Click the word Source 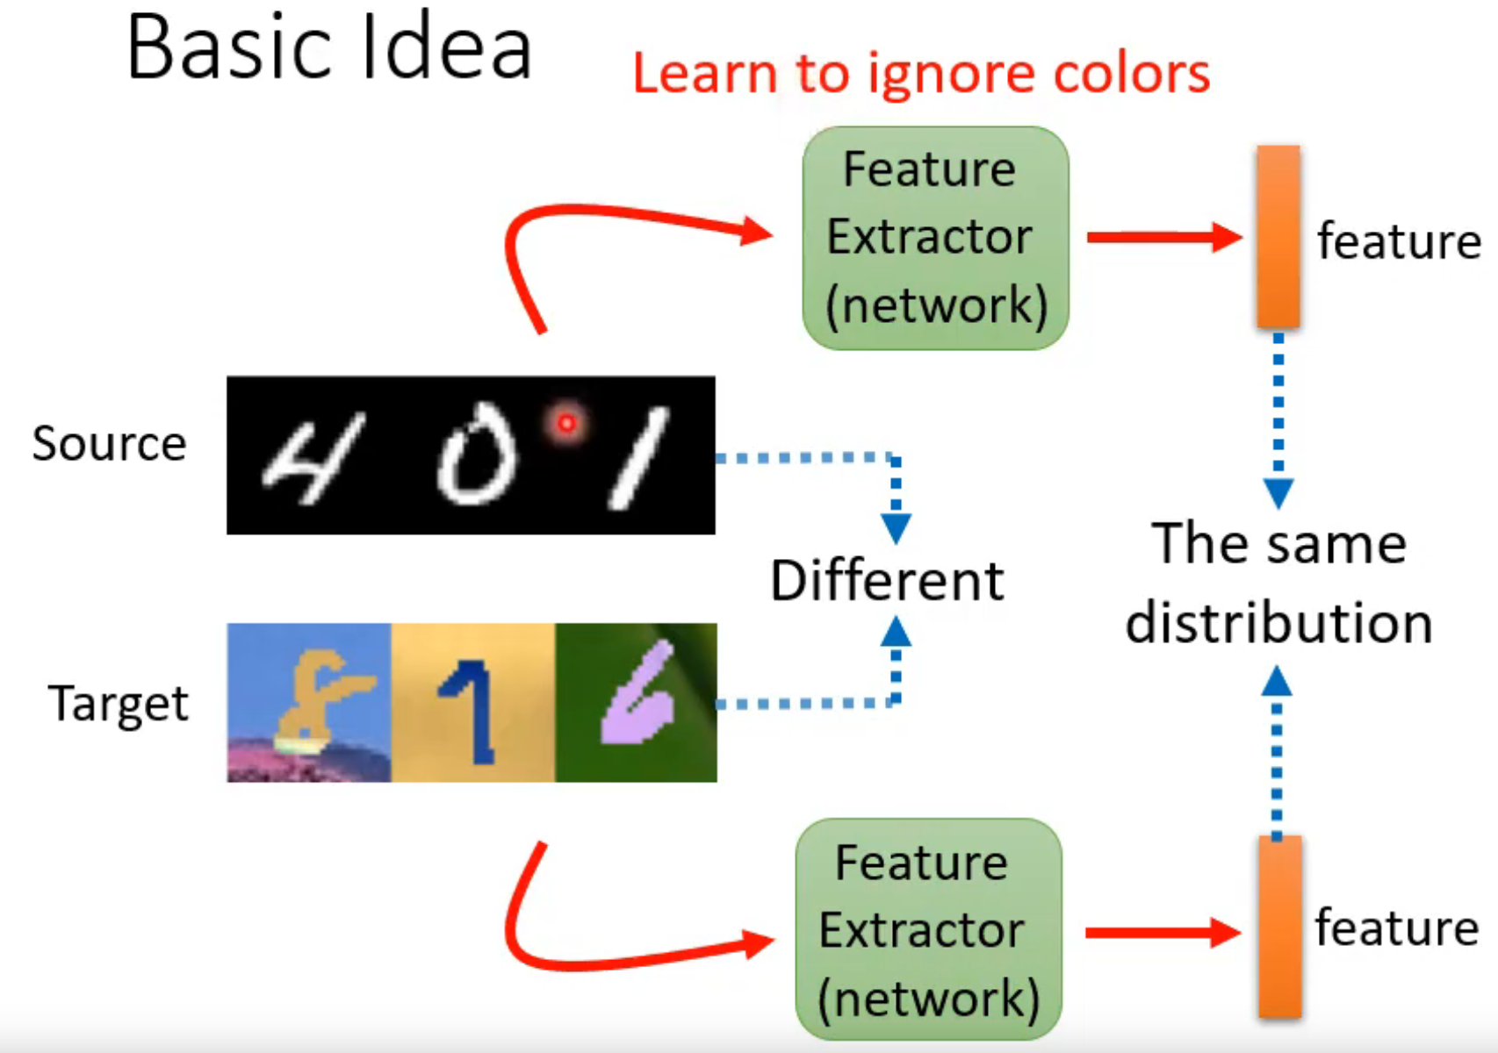[x=109, y=443]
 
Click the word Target [x=119, y=704]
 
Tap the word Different [x=887, y=581]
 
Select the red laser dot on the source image [x=566, y=424]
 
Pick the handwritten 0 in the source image [x=477, y=454]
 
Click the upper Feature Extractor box [x=935, y=238]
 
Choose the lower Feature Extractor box [x=928, y=930]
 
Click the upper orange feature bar [x=1278, y=237]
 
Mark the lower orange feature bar [x=1278, y=928]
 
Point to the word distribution [x=1278, y=623]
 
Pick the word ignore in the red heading [x=952, y=75]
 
